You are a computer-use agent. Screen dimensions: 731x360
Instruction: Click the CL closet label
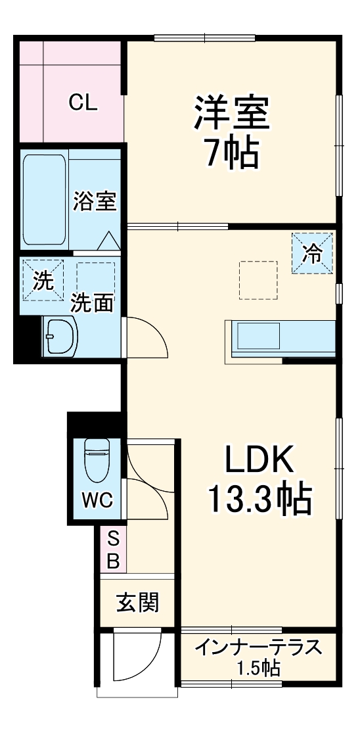tap(83, 102)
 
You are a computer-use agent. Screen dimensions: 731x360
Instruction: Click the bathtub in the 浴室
tap(45, 200)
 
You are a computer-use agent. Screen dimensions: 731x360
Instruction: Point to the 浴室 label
tap(95, 201)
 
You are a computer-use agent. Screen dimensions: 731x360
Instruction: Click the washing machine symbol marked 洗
tap(43, 281)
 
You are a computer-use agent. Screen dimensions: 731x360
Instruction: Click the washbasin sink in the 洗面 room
tap(59, 336)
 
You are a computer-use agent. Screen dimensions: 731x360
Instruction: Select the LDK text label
tap(259, 461)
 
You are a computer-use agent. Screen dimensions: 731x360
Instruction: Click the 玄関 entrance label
tap(138, 602)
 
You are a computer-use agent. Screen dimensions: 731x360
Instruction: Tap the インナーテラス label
tap(259, 648)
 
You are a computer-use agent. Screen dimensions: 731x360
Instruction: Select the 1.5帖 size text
tap(259, 669)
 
